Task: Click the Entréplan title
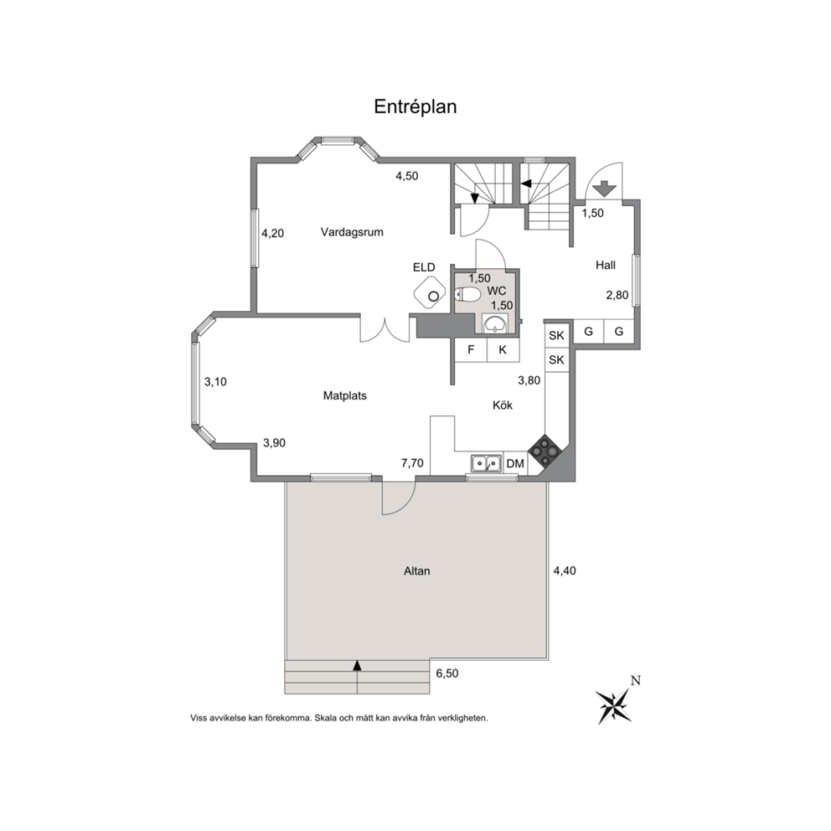tap(415, 107)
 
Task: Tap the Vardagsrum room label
tap(352, 232)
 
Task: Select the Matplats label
tap(345, 396)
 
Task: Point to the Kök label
tap(503, 405)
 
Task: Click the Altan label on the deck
tap(417, 571)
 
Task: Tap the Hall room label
tap(606, 265)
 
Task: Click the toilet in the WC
tap(467, 293)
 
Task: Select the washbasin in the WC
tap(495, 323)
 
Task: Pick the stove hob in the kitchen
tap(546, 451)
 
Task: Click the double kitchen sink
tap(486, 463)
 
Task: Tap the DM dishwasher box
tap(515, 464)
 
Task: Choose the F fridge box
tap(471, 350)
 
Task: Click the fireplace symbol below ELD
tap(430, 292)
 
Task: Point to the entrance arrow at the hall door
tap(604, 188)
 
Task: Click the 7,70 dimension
tap(412, 463)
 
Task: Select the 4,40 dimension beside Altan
tap(565, 570)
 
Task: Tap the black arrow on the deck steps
tap(357, 666)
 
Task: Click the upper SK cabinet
tap(556, 335)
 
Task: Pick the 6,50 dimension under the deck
tap(447, 674)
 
